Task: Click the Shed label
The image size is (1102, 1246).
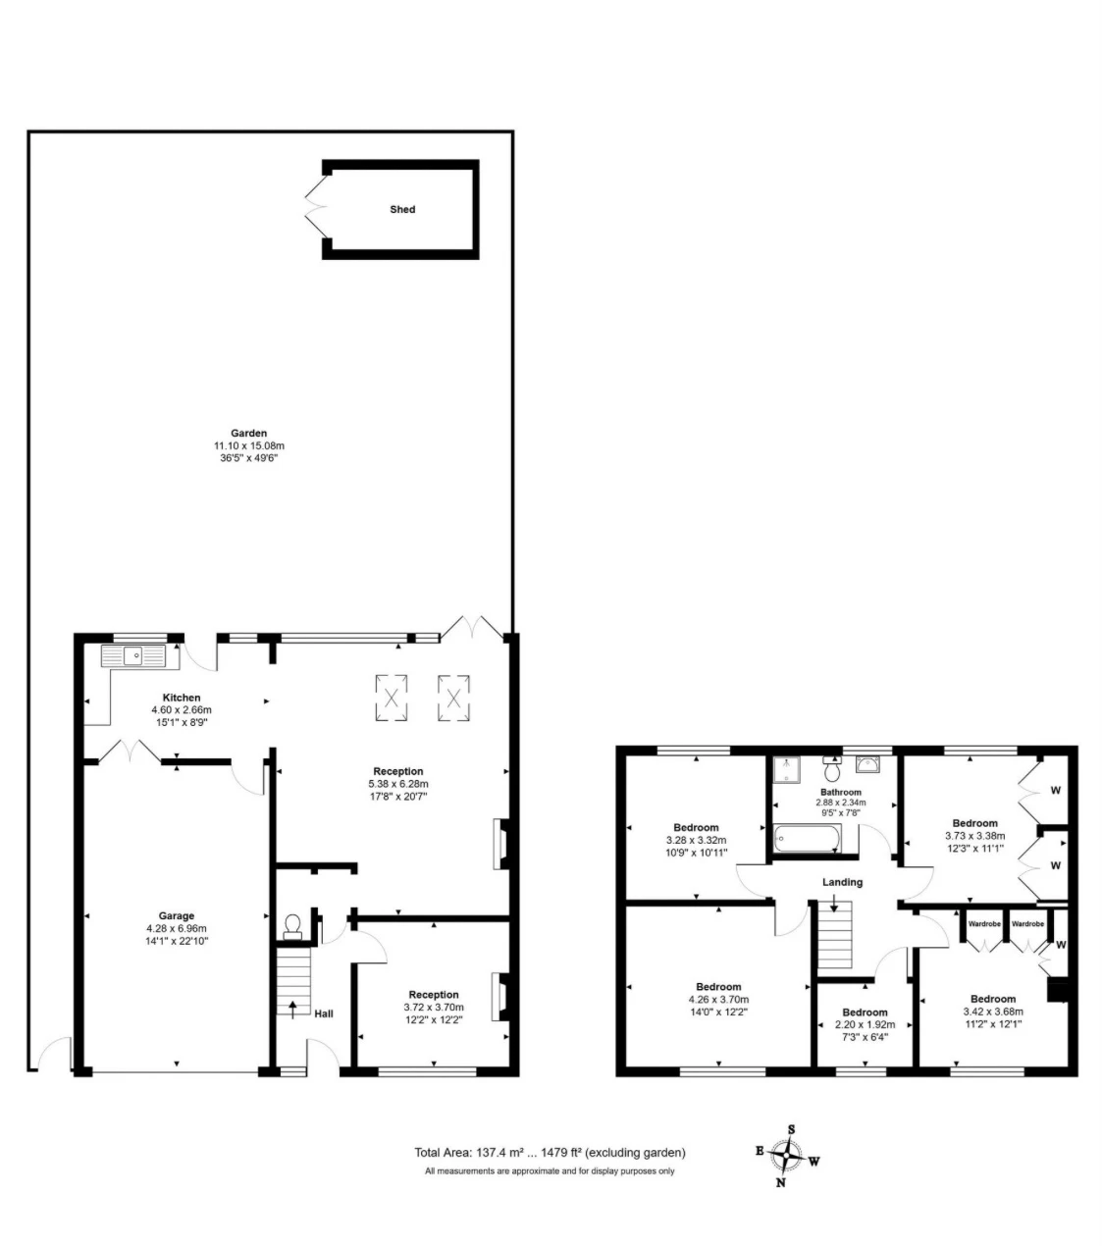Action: (402, 209)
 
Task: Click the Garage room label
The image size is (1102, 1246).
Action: (177, 916)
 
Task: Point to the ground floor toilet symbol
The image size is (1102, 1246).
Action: (291, 927)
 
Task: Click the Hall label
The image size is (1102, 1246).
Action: (323, 1012)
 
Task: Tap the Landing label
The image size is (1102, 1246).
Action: (842, 882)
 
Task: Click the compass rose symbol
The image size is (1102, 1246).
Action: (787, 1156)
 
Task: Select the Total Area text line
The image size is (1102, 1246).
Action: (550, 1153)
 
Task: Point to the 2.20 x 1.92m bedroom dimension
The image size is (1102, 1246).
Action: (865, 1024)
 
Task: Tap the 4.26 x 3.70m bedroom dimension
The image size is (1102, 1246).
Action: (719, 1000)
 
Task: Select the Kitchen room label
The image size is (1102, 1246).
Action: (182, 698)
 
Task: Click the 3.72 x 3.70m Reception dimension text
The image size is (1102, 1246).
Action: (434, 1007)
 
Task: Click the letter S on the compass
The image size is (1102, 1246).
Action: (791, 1128)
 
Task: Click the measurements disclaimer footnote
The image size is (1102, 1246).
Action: (550, 1170)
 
